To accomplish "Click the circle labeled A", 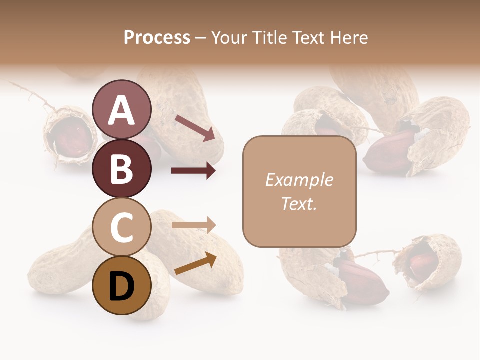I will [121, 110].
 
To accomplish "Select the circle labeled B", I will [121, 169].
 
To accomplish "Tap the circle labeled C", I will [121, 227].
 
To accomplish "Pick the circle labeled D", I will [121, 285].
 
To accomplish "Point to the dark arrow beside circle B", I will [193, 171].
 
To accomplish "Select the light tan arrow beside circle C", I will [193, 225].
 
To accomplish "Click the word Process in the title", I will [157, 37].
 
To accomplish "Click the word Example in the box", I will [299, 180].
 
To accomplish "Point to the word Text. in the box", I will [299, 203].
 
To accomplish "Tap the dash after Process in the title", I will [201, 38].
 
